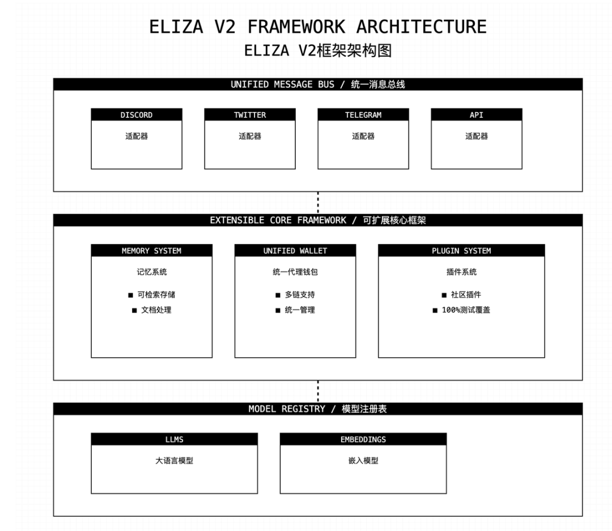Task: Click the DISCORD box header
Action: tap(137, 115)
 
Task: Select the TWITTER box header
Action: tap(250, 115)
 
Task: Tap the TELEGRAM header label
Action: tap(363, 115)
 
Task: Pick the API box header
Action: tap(477, 115)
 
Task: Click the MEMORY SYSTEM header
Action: tap(151, 251)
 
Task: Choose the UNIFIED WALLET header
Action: tap(295, 251)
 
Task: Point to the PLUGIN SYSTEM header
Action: tap(461, 251)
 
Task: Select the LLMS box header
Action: tap(174, 439)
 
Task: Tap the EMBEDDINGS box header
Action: tap(363, 439)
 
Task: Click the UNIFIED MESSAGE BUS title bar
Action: tap(318, 84)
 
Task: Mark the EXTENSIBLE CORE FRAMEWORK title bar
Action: tap(318, 220)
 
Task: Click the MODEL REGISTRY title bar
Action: tap(318, 409)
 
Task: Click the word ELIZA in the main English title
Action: tap(174, 27)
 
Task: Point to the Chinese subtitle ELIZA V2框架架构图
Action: tap(318, 50)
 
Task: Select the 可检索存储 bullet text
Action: tap(156, 295)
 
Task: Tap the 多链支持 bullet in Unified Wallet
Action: tap(300, 295)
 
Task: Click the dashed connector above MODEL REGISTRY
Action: tap(318, 391)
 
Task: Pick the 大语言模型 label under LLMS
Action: tap(174, 461)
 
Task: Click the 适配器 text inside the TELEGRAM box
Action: tap(363, 136)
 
